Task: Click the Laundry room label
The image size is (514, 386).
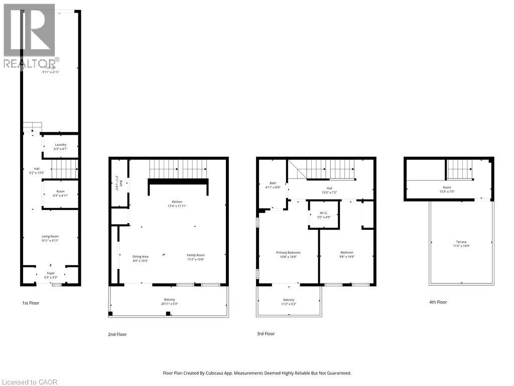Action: [60, 145]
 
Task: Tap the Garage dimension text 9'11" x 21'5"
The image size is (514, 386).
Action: [50, 72]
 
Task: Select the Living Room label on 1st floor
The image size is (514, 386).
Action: [50, 236]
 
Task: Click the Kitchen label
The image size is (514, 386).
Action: [177, 202]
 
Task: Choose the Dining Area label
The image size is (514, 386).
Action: [140, 256]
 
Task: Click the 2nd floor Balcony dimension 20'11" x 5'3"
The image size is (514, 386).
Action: [169, 304]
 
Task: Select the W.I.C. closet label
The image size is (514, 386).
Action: [323, 213]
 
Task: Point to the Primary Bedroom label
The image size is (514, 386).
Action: [288, 252]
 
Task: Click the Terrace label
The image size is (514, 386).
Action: [461, 242]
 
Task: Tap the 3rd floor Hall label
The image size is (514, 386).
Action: [330, 187]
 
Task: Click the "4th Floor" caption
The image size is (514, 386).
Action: [438, 302]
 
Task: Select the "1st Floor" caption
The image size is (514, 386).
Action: [30, 303]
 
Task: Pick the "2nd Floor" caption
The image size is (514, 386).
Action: [118, 334]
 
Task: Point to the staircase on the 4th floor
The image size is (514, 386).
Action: [459, 169]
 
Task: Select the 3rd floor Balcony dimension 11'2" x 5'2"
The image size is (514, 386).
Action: [289, 304]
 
